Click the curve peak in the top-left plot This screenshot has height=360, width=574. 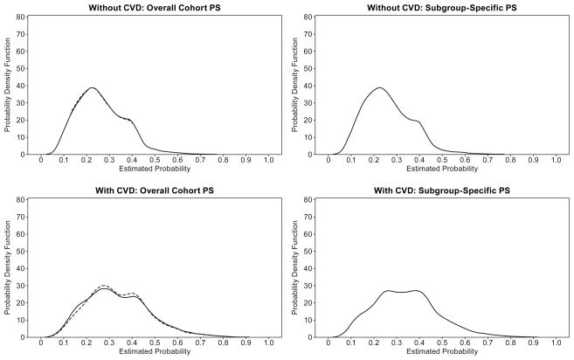[x=92, y=87]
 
